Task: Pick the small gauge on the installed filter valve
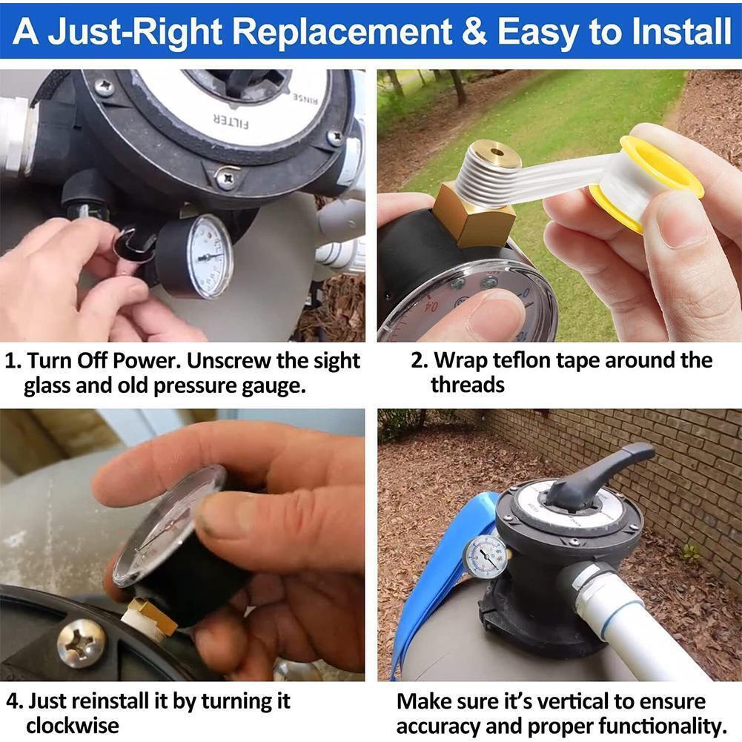(487, 556)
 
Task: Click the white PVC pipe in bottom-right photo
(637, 623)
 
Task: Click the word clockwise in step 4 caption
(73, 725)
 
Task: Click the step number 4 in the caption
(11, 701)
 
